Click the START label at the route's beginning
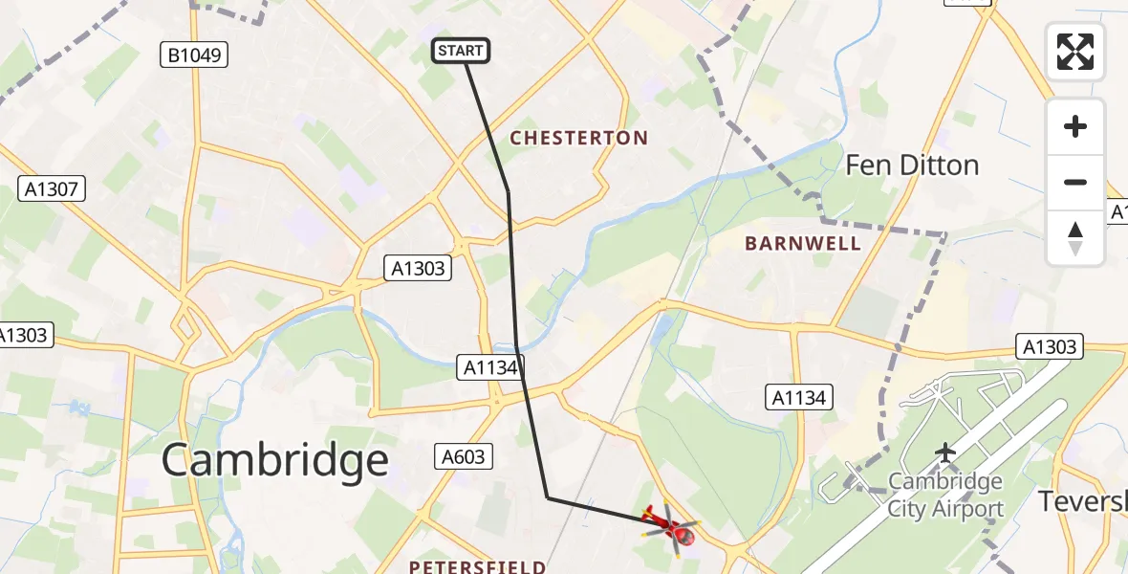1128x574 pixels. click(x=462, y=51)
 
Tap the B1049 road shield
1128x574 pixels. click(x=194, y=55)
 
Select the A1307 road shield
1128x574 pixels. click(x=53, y=189)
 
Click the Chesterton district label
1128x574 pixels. click(x=578, y=138)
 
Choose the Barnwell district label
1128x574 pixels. click(x=803, y=243)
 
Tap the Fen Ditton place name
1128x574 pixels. click(x=911, y=166)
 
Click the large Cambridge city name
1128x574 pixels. click(x=275, y=461)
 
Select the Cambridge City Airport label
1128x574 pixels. click(x=945, y=495)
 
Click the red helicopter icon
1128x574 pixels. click(x=671, y=528)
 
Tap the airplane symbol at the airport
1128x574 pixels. click(x=945, y=451)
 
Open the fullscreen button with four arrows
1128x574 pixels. click(x=1075, y=51)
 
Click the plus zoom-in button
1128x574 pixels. click(x=1075, y=126)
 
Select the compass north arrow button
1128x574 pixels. click(x=1075, y=237)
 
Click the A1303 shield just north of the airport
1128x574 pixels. click(x=1049, y=346)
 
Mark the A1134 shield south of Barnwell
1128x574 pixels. click(x=799, y=396)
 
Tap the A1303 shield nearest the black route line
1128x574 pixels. click(x=418, y=268)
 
